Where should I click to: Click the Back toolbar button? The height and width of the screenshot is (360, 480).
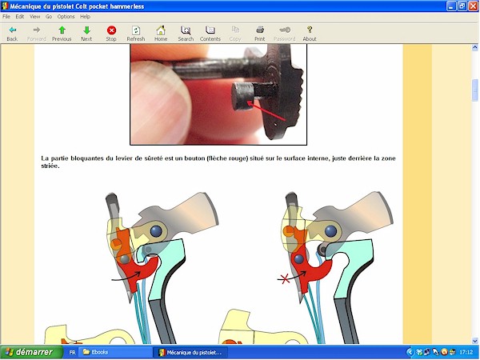click(12, 34)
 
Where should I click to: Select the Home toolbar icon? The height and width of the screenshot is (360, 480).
click(161, 34)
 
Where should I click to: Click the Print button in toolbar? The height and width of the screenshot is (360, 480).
click(259, 34)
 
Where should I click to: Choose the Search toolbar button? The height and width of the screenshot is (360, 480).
click(186, 34)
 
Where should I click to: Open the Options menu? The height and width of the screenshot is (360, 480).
click(66, 17)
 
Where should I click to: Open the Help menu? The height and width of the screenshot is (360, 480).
click(85, 17)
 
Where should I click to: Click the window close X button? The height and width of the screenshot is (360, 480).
click(473, 6)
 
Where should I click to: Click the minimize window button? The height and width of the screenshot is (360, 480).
click(451, 6)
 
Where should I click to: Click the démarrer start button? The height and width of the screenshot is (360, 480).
click(30, 352)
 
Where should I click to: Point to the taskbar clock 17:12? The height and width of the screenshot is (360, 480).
click(466, 352)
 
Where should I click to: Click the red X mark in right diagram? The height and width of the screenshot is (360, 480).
click(284, 279)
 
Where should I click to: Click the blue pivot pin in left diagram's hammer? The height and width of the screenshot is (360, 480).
click(156, 231)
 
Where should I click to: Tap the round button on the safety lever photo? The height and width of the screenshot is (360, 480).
click(242, 96)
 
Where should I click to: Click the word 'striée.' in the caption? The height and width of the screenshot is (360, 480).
click(50, 166)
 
